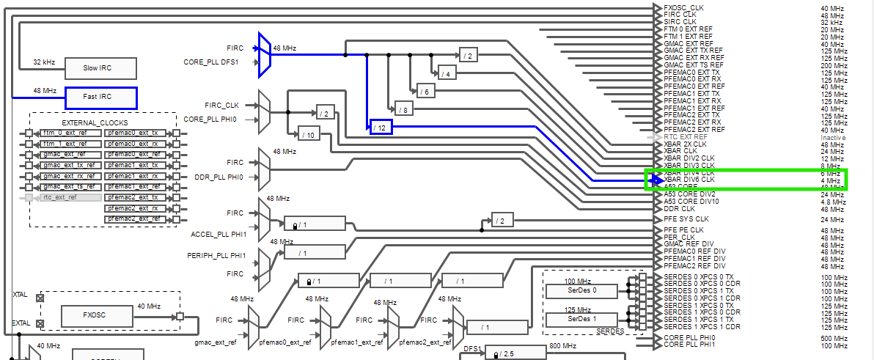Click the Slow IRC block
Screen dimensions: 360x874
100,68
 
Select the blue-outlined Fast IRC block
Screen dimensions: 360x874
100,98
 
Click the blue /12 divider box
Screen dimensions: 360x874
381,128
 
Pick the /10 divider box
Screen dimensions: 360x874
309,134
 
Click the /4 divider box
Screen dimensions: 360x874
447,73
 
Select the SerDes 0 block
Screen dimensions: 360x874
582,290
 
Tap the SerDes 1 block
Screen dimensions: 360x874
582,320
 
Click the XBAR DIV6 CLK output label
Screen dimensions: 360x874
688,180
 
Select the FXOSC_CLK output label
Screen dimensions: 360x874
683,8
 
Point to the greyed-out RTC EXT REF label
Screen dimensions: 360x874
686,137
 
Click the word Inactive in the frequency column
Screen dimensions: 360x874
833,137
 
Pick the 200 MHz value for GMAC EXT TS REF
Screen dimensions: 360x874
832,65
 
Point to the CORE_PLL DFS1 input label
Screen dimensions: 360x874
210,62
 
